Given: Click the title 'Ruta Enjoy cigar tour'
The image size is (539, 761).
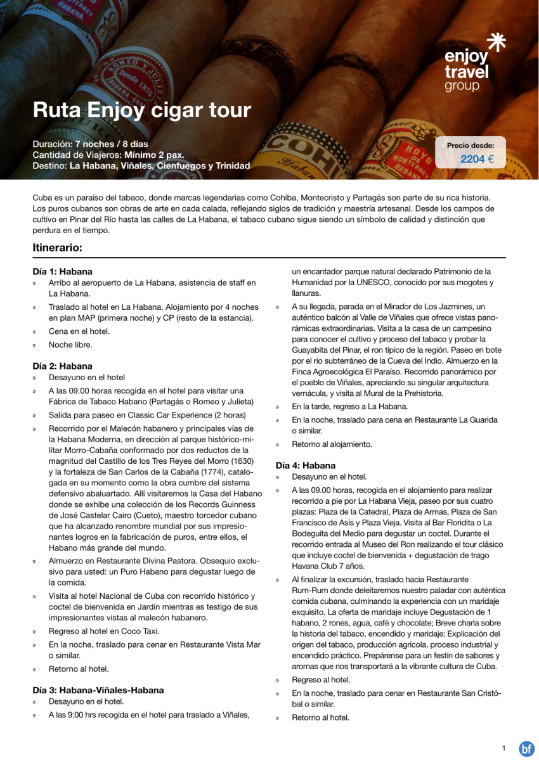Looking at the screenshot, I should tap(142, 110).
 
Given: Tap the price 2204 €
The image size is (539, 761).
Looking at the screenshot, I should tap(476, 159).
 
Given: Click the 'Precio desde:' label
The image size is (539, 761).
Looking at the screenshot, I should tap(470, 145).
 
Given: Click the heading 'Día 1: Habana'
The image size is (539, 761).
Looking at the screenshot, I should tap(62, 271).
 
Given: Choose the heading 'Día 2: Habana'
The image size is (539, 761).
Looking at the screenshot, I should tap(62, 366).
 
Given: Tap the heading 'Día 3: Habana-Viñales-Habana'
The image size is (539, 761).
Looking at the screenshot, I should tap(98, 690).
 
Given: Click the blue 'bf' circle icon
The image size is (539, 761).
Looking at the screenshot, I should tap(526, 748).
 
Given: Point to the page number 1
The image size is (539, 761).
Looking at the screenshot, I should tap(503, 748).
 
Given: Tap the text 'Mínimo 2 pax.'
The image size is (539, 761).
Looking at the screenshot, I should tap(154, 155).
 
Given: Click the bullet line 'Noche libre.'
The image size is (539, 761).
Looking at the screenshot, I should tap(70, 345).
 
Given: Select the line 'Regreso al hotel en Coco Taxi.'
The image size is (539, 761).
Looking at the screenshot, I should tap(104, 631).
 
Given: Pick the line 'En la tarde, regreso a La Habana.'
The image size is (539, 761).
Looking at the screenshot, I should tap(349, 406).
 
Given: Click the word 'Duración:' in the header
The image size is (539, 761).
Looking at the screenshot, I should tap(53, 144).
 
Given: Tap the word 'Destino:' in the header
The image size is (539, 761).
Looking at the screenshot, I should tap(49, 165).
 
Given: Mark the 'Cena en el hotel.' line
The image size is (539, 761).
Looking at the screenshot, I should tap(79, 331).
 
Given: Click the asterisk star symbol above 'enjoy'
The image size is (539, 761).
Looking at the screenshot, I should tap(495, 42).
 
